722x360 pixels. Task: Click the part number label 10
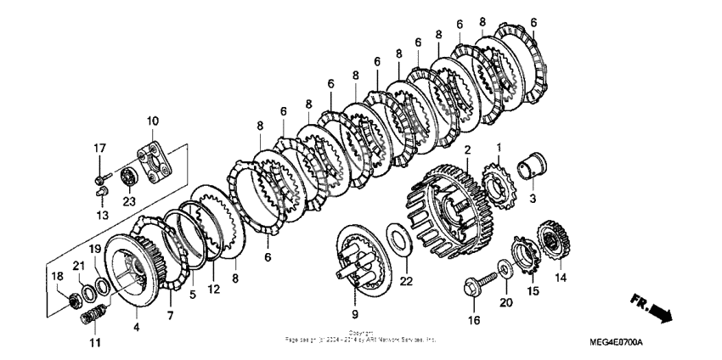click(x=153, y=121)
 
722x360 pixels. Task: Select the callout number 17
click(x=100, y=149)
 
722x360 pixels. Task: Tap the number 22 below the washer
click(x=406, y=282)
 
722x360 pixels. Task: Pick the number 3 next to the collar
click(x=533, y=200)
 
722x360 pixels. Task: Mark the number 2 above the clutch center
click(x=466, y=149)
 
